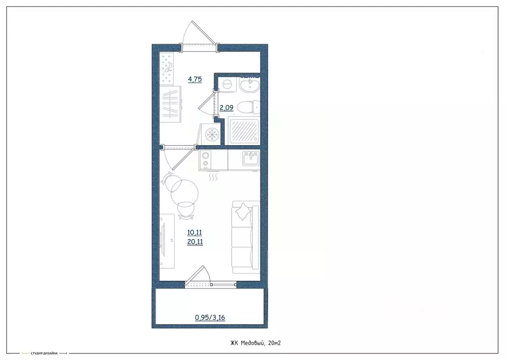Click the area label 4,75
pos(194,79)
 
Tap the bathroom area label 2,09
pos(226,106)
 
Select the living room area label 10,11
pos(194,232)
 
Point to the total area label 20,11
pos(194,242)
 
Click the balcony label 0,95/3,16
pos(210,317)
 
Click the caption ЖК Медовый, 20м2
pos(256,343)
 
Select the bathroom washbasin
pos(249,86)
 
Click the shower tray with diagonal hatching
pos(243,130)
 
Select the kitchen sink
pos(250,159)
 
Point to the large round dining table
pos(185,192)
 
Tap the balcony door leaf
pos(197,275)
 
